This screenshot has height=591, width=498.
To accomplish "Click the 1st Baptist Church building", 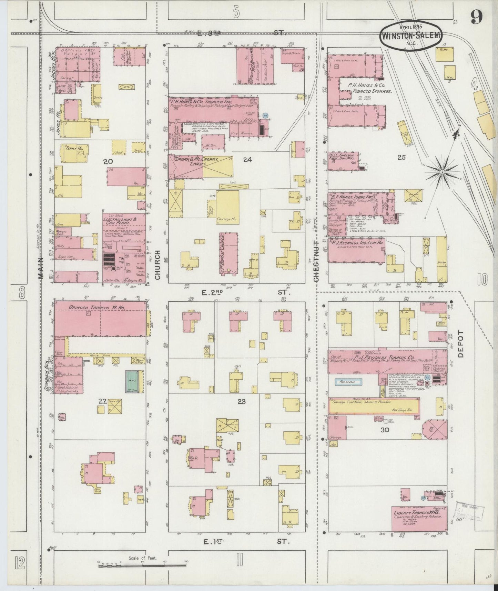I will (x=229, y=253).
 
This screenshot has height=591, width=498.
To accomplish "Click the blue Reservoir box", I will (x=348, y=382).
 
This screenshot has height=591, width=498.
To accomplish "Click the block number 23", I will (x=242, y=401).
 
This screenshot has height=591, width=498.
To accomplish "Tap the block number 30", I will (x=385, y=430).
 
